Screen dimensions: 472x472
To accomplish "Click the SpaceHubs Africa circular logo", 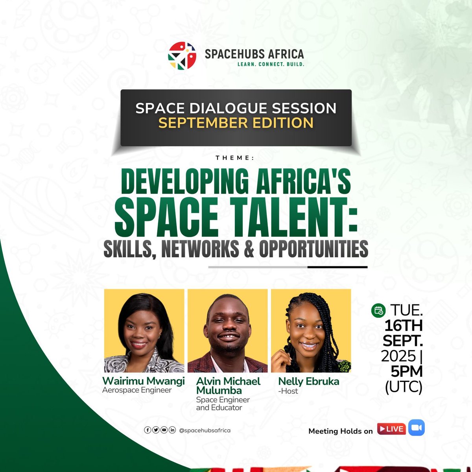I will coord(182,55).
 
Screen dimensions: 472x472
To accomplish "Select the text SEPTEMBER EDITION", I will coord(236,123).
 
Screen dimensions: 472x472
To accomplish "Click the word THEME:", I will coord(235,158).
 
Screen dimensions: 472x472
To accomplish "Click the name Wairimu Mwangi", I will coord(144,381).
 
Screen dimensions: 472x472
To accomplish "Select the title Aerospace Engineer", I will coord(137,390).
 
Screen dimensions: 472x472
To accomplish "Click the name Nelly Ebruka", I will coord(309,381).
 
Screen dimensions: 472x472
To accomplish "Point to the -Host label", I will coord(288,391).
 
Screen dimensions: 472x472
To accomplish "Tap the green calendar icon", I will coord(378,311).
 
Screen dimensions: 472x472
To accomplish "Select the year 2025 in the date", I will coord(398,356).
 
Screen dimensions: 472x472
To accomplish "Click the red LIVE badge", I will coord(391,429).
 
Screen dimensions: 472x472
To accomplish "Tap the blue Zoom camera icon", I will coord(417,428).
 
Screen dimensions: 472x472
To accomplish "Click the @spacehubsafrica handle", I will coord(205,430).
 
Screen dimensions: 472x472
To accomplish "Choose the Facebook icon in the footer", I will coord(147,430).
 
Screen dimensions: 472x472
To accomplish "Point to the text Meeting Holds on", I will coord(340,431).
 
